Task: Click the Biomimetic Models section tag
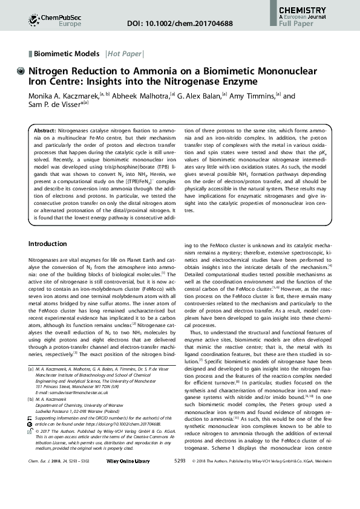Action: tap(67, 53)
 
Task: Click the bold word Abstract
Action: tap(45, 131)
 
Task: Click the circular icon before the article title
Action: tap(22, 70)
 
